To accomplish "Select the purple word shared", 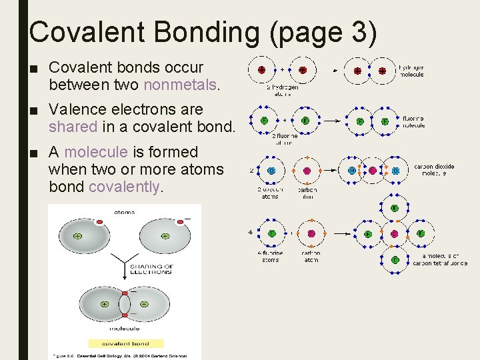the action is coord(73,126).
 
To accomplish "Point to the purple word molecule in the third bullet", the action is coord(93,152).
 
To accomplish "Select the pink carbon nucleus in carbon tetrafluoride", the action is coord(394,234).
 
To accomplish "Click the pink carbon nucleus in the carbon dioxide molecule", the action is coord(373,170).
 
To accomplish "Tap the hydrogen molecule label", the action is coord(411,71).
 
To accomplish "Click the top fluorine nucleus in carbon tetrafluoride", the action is coord(394,208).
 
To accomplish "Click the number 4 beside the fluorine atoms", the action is coord(250,233).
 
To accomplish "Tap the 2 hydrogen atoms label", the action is coord(282,90).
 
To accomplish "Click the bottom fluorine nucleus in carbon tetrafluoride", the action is coord(394,260).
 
